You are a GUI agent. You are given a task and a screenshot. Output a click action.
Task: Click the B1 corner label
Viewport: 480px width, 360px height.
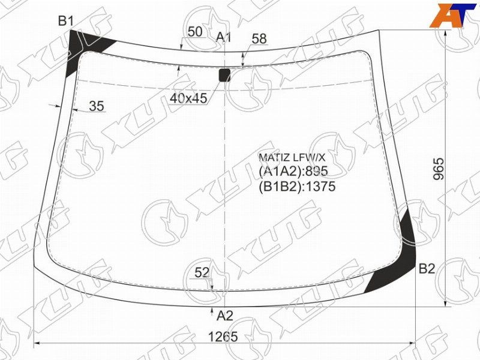[x=66, y=21]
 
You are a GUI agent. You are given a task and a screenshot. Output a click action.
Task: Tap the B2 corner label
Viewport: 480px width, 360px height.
[x=427, y=268]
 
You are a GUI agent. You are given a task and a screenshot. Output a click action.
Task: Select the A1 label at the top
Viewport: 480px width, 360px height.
[x=223, y=37]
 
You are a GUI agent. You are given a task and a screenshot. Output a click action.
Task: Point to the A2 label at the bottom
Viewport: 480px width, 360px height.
[x=225, y=316]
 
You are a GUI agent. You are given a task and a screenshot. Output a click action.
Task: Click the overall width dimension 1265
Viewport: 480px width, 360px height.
[x=223, y=337]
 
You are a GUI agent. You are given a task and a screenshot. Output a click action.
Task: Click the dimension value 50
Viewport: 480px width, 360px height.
[x=195, y=32]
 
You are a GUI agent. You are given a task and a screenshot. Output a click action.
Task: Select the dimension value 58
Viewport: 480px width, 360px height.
[x=259, y=38]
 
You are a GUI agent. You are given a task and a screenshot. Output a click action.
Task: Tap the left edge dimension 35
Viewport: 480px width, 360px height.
[x=97, y=106]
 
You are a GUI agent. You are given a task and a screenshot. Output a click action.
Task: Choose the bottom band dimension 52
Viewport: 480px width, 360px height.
[x=202, y=272]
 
